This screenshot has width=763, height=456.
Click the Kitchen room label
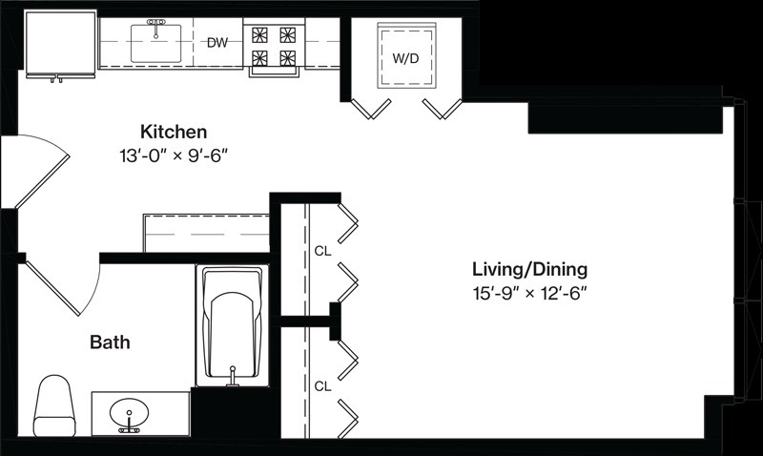click(174, 132)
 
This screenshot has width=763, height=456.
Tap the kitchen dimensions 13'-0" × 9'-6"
click(174, 156)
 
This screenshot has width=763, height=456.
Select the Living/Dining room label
click(530, 269)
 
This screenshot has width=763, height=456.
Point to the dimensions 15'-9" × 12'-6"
click(530, 294)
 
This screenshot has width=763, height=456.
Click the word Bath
click(110, 342)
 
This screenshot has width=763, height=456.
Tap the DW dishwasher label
click(217, 43)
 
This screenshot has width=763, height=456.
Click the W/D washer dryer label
click(405, 59)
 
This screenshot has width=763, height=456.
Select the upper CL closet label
click(322, 251)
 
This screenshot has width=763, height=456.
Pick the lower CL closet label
click(322, 386)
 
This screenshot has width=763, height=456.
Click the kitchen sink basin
click(155, 44)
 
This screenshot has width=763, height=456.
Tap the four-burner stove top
click(274, 46)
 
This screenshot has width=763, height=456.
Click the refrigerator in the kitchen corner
click(60, 45)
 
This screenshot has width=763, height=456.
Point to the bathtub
click(232, 325)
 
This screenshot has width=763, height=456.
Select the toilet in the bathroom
click(54, 405)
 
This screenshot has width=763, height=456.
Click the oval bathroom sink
click(129, 415)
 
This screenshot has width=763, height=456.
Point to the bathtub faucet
click(233, 377)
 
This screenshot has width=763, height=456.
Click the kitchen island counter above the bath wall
click(206, 233)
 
